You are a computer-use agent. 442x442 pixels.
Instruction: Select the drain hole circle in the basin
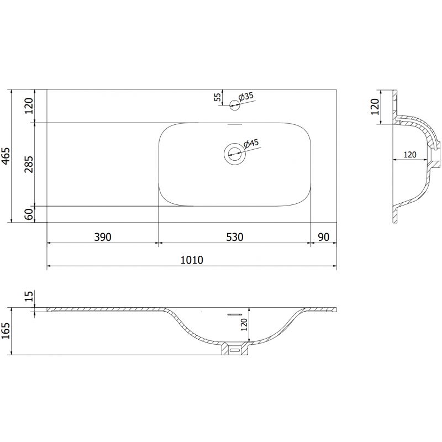tap(234, 153)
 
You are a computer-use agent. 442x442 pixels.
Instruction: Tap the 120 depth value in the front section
tap(244, 324)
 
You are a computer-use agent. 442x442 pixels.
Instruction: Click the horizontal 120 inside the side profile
tap(409, 155)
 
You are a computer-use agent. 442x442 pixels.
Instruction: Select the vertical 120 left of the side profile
tap(375, 107)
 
